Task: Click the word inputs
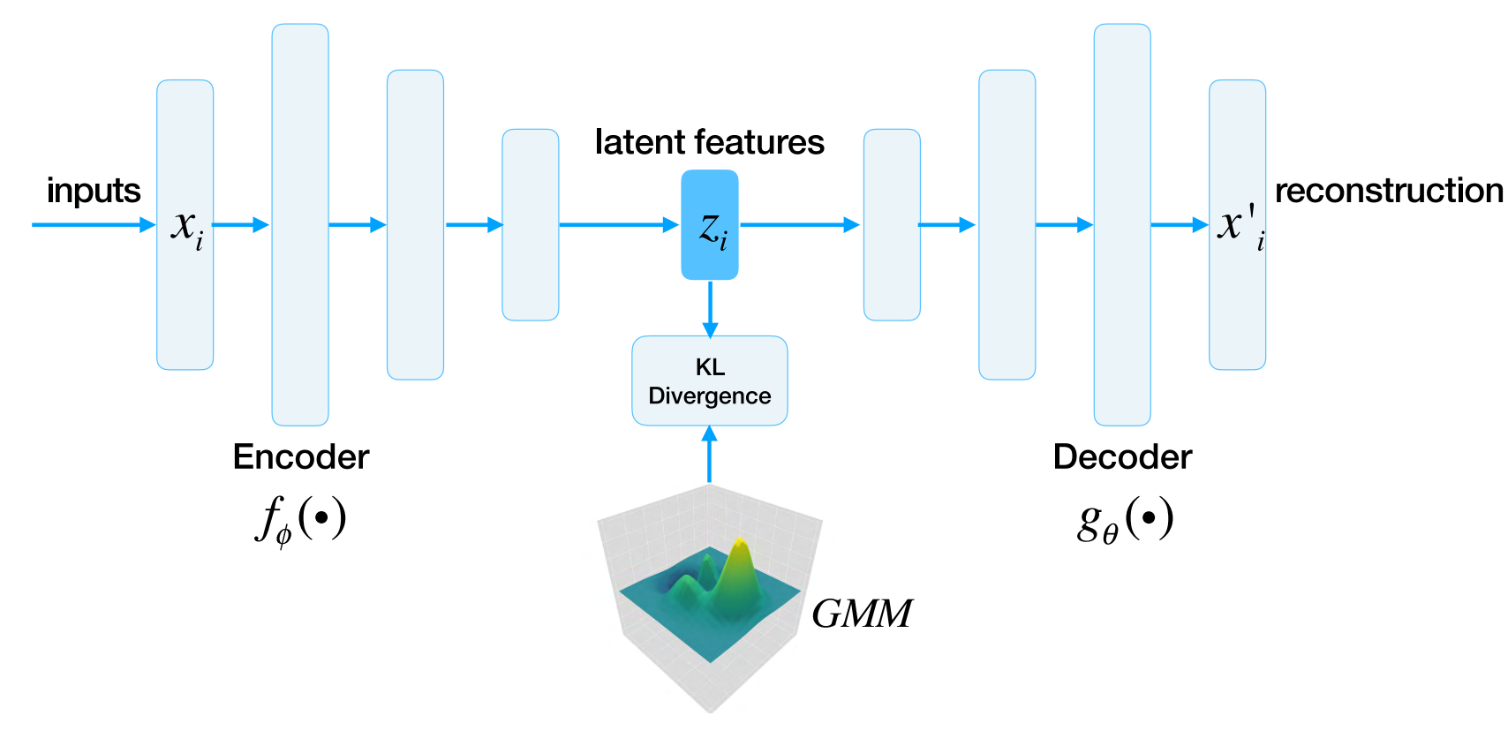93,191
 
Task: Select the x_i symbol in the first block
186,227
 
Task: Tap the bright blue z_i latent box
710,225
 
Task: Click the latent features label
709,142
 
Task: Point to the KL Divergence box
709,381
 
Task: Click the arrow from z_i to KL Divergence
710,308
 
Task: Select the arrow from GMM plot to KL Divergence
709,454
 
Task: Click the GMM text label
861,614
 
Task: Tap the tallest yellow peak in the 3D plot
740,547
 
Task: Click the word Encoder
301,456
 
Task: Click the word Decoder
1122,456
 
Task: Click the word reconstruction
1389,191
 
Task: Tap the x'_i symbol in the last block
1239,225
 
